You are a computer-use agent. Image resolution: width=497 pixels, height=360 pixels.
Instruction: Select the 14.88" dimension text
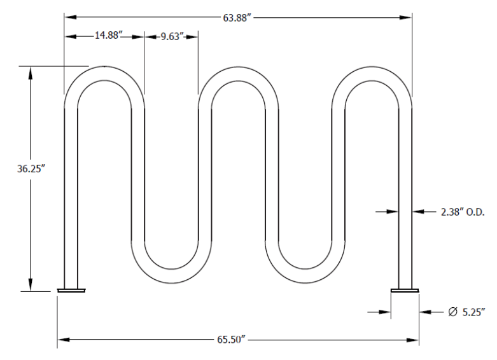pos(109,35)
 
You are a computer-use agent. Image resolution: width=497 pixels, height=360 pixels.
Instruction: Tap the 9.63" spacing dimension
pos(172,36)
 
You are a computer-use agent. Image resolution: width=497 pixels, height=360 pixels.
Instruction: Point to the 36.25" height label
pos(29,169)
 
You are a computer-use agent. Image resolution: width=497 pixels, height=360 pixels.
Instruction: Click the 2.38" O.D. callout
pos(463,212)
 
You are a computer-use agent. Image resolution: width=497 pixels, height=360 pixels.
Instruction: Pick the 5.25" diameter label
pos(473,312)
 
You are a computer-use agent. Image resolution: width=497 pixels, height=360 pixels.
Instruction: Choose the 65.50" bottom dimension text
pos(232,340)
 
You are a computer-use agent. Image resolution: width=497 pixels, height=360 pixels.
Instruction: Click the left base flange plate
pos(71,290)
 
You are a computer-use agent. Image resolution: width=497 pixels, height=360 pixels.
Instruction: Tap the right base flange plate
pos(405,290)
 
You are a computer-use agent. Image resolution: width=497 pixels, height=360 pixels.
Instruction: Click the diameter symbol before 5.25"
pos(453,312)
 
